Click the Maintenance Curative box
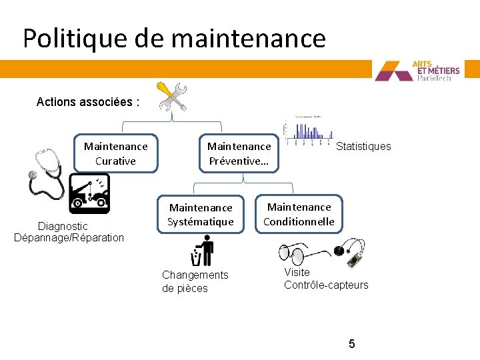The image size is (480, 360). coord(115,153)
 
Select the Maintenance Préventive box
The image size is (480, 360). coord(239,153)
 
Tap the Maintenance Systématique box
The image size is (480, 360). coord(200,215)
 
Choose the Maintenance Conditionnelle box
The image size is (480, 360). coord(299,214)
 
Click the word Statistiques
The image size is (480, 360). coord(363,146)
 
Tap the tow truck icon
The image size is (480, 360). coord(89,193)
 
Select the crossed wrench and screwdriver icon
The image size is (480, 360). coord(171,97)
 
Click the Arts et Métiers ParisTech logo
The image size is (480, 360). coord(427,71)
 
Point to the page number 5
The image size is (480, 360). coord(351,344)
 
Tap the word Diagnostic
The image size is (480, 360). coord(63,226)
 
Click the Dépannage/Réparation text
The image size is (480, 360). coord(69,237)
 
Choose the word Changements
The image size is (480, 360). coord(195,275)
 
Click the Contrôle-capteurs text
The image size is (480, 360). coord(326,285)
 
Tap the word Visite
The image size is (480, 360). coord(297,272)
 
